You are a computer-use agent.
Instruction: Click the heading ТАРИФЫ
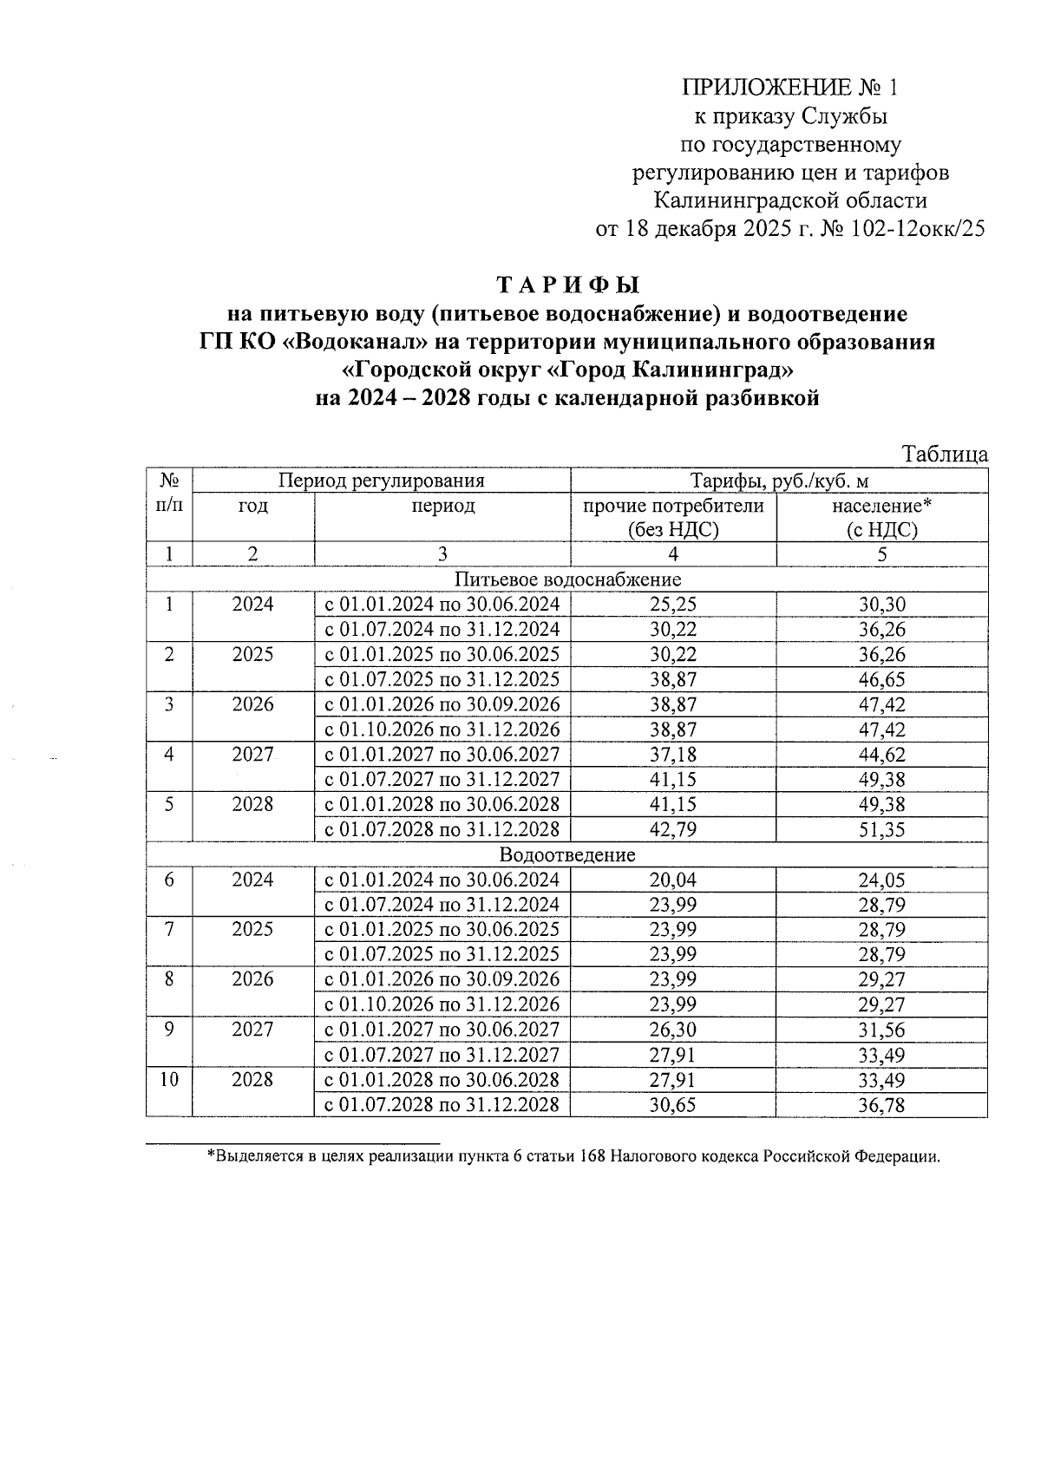567,285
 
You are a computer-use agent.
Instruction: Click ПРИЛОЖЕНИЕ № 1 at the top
789,88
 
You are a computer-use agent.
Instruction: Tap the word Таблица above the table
945,455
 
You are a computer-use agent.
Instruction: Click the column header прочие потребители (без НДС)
673,518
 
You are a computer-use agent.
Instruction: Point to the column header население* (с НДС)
881,518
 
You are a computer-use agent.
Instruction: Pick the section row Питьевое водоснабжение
567,579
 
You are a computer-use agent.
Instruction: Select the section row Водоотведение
567,855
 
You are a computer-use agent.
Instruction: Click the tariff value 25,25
673,605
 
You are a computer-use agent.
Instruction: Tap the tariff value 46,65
881,679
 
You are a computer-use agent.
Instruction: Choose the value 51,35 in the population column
881,829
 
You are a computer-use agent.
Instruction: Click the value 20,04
673,880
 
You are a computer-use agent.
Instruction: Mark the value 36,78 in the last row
881,1105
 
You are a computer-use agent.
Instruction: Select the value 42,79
673,829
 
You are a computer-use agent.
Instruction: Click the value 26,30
673,1030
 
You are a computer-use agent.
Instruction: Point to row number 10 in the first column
169,1080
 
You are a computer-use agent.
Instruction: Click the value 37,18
673,755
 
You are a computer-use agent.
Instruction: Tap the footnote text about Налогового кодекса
573,1156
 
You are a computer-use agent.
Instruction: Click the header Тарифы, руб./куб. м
779,481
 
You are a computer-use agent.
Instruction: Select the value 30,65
673,1105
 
